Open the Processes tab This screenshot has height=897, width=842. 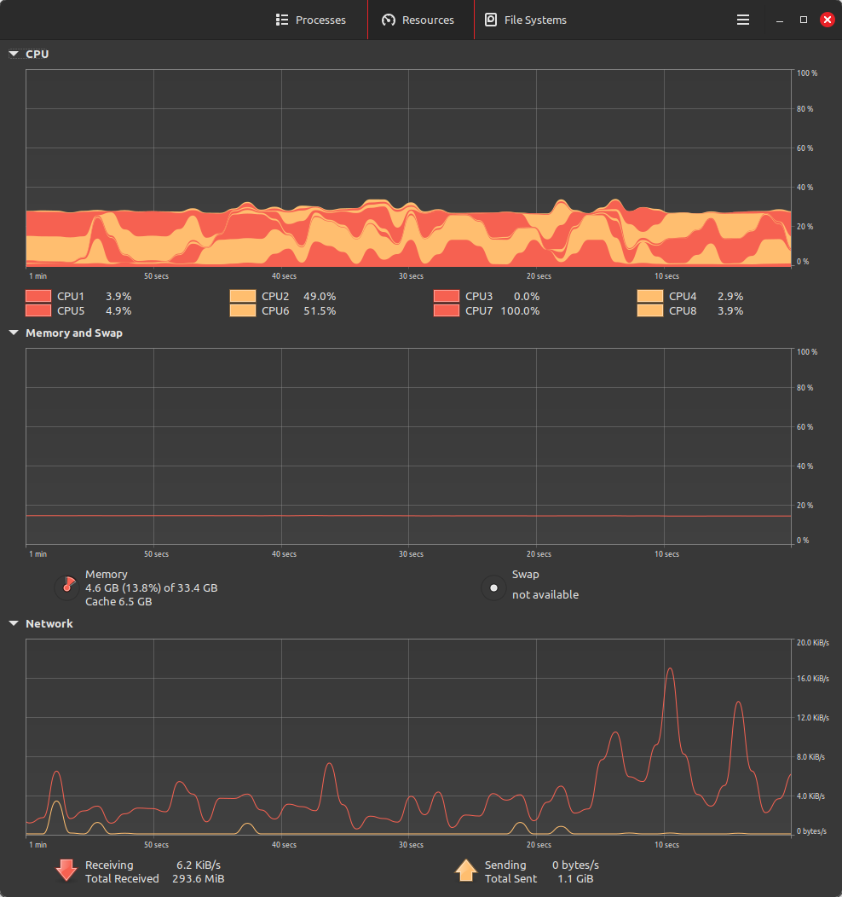[x=311, y=20]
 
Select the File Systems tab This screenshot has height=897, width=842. [x=526, y=20]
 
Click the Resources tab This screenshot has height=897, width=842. [x=418, y=20]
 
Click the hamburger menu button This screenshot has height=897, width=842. [x=743, y=20]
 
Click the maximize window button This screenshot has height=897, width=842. [x=803, y=20]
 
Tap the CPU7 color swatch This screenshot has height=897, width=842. [x=446, y=311]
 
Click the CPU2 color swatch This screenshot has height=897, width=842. [x=242, y=297]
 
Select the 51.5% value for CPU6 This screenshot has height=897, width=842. [x=320, y=311]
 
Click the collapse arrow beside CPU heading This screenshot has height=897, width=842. [x=14, y=54]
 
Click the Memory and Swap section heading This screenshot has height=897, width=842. [x=73, y=333]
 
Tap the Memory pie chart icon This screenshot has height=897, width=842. [x=66, y=587]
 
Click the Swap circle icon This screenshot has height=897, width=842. [x=493, y=587]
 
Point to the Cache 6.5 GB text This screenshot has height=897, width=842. [x=118, y=602]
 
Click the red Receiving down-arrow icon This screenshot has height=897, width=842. [x=66, y=871]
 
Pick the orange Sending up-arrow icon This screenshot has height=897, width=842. [x=465, y=871]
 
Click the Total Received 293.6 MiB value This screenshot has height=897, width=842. [x=200, y=878]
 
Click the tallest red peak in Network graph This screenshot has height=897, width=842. [x=670, y=668]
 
